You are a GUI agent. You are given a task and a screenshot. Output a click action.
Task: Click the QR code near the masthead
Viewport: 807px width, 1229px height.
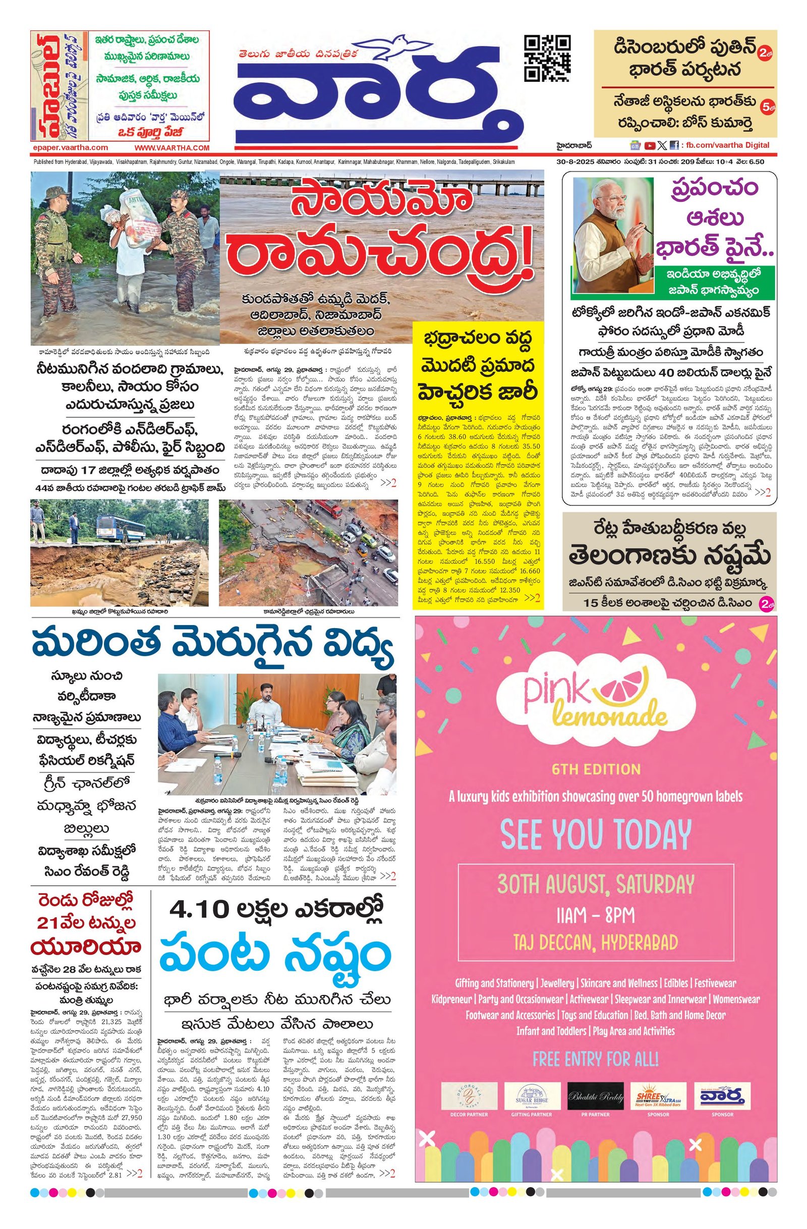click(547, 58)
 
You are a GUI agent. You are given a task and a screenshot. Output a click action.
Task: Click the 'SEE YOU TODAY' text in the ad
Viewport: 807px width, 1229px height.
click(595, 834)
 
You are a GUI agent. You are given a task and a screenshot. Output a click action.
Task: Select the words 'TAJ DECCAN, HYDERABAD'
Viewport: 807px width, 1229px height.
click(595, 942)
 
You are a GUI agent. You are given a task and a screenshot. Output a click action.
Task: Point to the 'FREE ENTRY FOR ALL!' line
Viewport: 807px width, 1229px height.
click(595, 1059)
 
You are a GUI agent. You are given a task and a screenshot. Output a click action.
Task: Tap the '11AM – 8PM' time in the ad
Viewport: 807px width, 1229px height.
click(595, 916)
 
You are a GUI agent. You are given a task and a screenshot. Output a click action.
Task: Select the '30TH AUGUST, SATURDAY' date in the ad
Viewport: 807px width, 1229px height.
click(595, 884)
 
